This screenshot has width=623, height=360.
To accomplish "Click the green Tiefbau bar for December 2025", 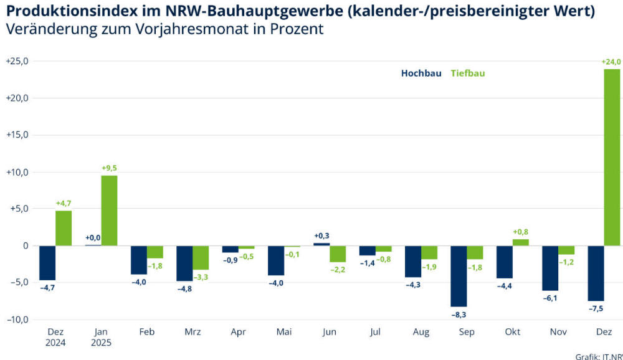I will [612, 157].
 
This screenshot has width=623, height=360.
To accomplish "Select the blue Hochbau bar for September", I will [459, 276].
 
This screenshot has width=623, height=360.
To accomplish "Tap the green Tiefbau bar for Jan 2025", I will [109, 211].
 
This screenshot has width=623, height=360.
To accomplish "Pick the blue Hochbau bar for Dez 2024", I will [47, 262].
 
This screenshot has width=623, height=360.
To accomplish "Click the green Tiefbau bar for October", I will [521, 242].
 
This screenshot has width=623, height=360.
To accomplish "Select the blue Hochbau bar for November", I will [550, 268].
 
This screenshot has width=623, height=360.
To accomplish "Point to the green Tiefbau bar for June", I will [338, 253].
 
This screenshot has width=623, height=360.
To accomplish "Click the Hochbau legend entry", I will [421, 73].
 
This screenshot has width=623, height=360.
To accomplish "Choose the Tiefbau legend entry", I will [467, 73].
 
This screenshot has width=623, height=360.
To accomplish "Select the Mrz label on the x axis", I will [193, 333].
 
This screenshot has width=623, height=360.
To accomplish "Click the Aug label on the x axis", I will [421, 333].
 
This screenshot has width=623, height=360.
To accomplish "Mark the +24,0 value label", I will [612, 62].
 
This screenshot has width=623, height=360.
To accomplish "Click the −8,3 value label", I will [459, 315].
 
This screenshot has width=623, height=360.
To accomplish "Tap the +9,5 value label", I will [110, 168].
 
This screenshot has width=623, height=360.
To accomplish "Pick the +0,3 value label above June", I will [321, 235].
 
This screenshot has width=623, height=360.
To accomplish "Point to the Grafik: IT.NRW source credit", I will [599, 356].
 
